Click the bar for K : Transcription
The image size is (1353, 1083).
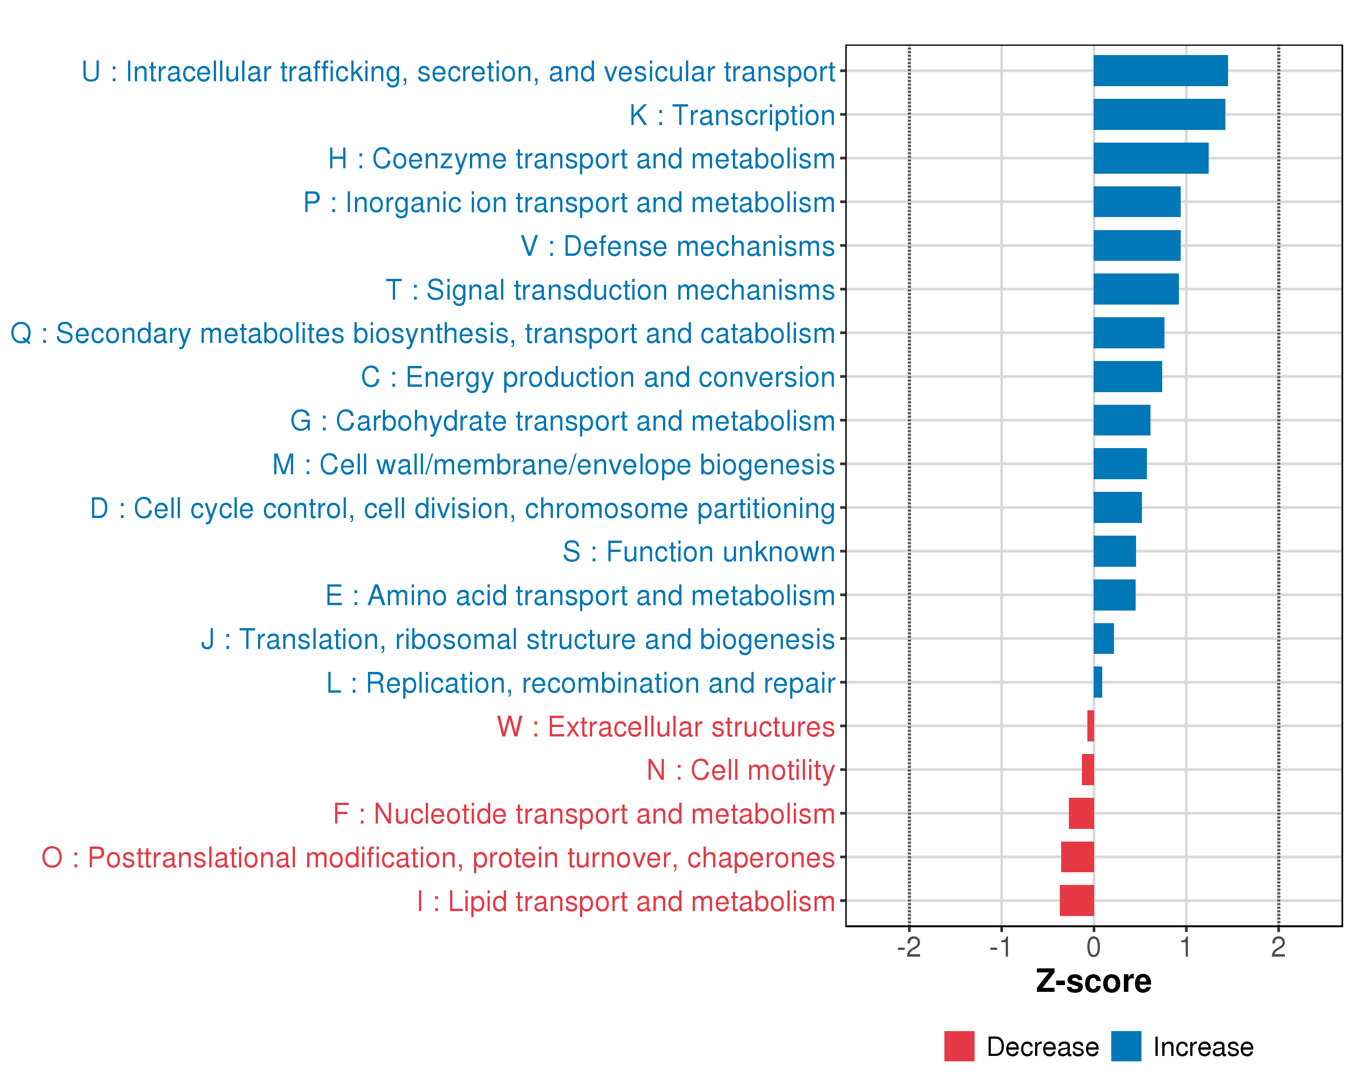(x=1159, y=114)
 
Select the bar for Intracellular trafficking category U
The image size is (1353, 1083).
(x=1160, y=71)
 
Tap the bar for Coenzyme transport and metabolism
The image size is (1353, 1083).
(x=1151, y=158)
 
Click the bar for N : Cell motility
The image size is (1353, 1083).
(x=1088, y=770)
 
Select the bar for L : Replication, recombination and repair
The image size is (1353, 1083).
(x=1098, y=682)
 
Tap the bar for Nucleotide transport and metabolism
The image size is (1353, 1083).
(x=1081, y=813)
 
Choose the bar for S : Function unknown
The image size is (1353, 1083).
(x=1114, y=551)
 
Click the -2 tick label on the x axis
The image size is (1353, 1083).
(x=909, y=947)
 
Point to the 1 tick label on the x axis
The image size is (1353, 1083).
(x=1185, y=947)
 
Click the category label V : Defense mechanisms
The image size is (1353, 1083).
(x=678, y=246)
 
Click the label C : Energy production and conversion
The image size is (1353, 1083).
(x=598, y=377)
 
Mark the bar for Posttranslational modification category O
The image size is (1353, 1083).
(x=1077, y=857)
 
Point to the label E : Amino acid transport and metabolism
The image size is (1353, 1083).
(x=580, y=595)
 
